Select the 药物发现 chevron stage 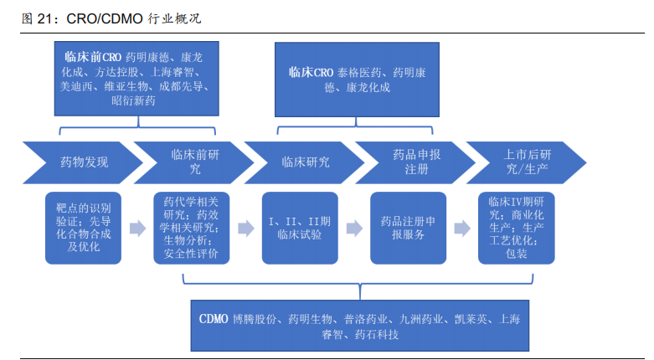[x=80, y=162]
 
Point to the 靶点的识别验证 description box [x=84, y=227]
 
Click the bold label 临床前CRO [x=93, y=58]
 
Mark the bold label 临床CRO [x=312, y=73]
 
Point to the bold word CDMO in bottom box [x=216, y=320]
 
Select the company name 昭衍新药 [x=133, y=100]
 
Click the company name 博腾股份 [x=257, y=320]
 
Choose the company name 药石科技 [x=376, y=334]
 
